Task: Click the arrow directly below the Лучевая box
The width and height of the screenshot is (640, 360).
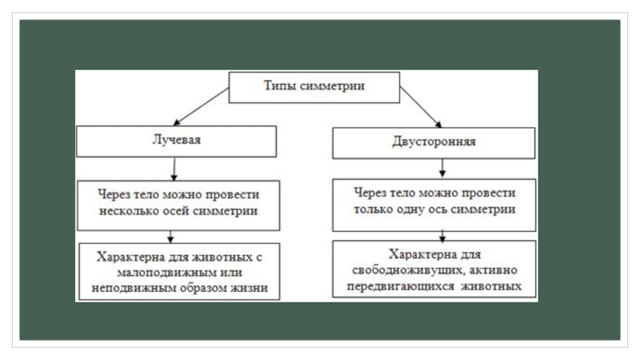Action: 174,168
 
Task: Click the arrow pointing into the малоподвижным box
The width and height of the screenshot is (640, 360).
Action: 170,236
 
